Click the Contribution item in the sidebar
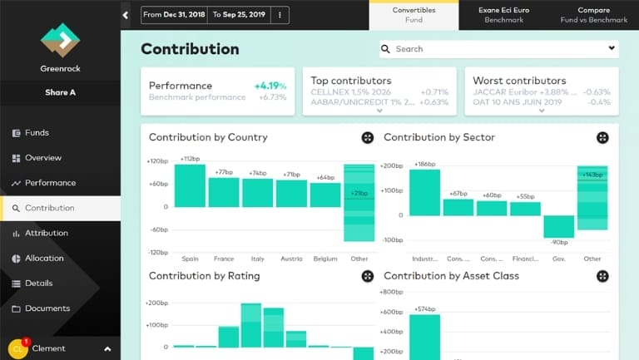coord(50,208)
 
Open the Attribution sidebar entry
coord(47,234)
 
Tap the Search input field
coord(499,49)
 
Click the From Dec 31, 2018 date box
coord(174,15)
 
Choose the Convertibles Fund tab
coord(414,15)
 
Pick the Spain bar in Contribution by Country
coord(190,185)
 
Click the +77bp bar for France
coord(224,192)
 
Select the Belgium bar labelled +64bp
coord(326,195)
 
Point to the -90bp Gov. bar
coord(559,226)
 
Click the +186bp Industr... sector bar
coord(424,193)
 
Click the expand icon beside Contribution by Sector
coord(602,138)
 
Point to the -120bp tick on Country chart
coord(157,252)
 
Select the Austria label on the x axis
coord(291,259)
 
